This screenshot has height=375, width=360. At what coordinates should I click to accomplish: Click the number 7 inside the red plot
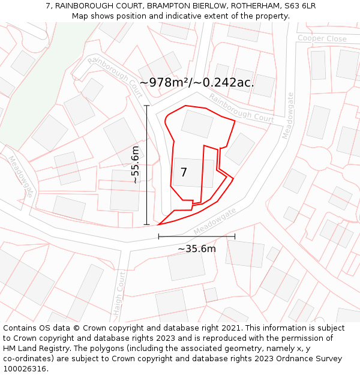pyautogui.click(x=184, y=173)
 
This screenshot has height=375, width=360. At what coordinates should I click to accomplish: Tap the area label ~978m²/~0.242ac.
pyautogui.click(x=197, y=83)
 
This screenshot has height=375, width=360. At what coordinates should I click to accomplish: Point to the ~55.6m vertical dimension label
pyautogui.click(x=136, y=165)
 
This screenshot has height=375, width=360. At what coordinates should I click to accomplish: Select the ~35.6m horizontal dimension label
pyautogui.click(x=197, y=248)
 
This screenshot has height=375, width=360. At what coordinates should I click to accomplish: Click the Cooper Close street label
pyautogui.click(x=322, y=39)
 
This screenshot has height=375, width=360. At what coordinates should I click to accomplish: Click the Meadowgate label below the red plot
pyautogui.click(x=215, y=221)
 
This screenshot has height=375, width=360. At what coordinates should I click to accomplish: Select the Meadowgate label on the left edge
pyautogui.click(x=21, y=176)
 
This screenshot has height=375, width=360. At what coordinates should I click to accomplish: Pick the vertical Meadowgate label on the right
pyautogui.click(x=287, y=115)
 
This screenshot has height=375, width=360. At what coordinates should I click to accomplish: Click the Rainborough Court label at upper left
pyautogui.click(x=115, y=77)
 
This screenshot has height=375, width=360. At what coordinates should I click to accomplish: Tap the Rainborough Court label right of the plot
pyautogui.click(x=242, y=109)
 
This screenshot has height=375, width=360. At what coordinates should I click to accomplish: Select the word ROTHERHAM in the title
pyautogui.click(x=253, y=5)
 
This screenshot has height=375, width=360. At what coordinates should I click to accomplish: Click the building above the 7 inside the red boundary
pyautogui.click(x=197, y=124)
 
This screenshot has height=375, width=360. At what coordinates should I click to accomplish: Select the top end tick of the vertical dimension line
pyautogui.click(x=147, y=106)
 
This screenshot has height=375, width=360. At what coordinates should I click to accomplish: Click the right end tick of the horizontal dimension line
pyautogui.click(x=235, y=236)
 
